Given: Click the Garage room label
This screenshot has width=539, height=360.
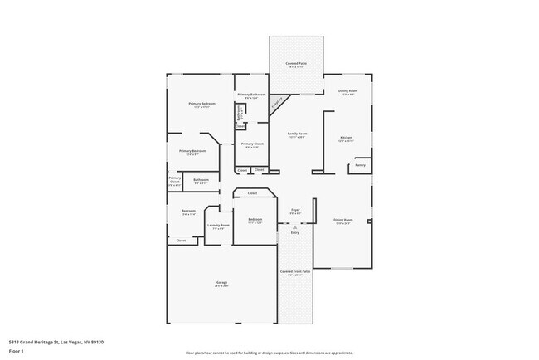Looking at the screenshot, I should point(222,285).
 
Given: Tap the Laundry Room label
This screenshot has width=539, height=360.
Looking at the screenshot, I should point(220,226).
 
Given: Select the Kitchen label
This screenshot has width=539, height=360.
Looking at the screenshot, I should point(347,139).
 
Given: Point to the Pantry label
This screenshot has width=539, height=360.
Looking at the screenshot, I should point(360,165).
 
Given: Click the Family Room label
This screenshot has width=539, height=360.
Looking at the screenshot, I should point(298,134).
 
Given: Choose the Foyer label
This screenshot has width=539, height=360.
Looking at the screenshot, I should point(294,212).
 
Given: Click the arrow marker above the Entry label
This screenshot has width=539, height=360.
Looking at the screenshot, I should point(294,226).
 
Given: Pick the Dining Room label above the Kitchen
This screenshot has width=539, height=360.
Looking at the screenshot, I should point(347,91).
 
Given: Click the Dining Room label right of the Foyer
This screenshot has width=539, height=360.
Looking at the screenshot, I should point(342,221).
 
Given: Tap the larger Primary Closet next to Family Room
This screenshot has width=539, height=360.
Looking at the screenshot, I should point(252,145).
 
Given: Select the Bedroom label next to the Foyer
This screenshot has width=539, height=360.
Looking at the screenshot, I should point(255,220).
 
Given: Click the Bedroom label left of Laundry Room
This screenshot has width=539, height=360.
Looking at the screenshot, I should point(187,212).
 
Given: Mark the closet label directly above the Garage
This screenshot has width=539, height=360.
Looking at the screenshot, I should point(181,241).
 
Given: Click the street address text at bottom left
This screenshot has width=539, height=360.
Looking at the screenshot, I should point(56,342).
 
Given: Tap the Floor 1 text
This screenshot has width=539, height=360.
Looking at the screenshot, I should point(17,351).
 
